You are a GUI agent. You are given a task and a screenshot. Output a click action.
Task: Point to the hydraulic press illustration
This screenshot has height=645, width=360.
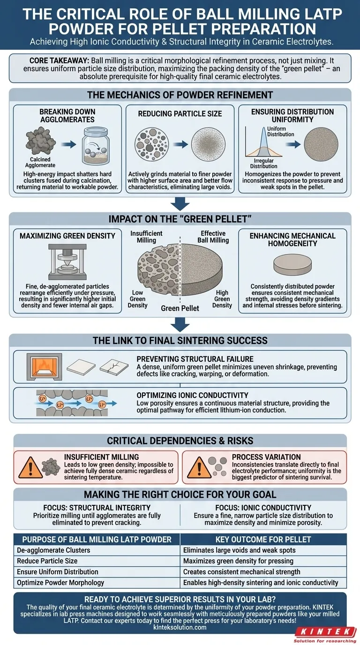(x=67, y=261)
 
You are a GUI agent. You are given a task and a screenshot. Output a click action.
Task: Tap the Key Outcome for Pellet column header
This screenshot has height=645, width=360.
(x=263, y=539)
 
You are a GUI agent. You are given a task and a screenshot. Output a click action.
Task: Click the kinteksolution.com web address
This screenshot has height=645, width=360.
(x=180, y=627)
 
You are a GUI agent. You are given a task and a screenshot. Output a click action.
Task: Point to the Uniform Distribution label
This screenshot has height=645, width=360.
(x=280, y=131)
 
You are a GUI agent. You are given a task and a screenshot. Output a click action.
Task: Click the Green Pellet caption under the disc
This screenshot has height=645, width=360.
(x=180, y=308)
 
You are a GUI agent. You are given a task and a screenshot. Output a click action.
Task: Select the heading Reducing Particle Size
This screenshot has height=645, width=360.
(x=180, y=114)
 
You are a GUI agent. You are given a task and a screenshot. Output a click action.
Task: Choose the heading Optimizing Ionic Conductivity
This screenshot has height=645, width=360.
(x=199, y=395)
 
